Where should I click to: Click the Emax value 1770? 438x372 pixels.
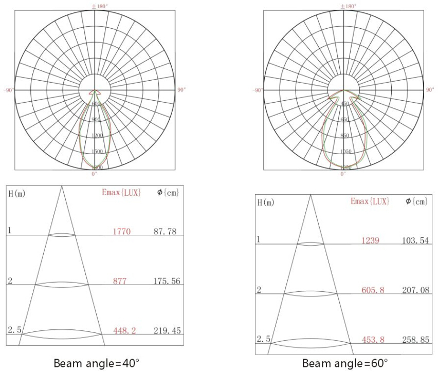point(122,232)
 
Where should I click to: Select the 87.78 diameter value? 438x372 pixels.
point(165,231)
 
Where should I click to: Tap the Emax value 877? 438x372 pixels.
point(120,281)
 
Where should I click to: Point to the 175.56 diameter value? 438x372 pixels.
point(167,281)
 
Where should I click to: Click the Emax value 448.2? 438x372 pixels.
point(124,331)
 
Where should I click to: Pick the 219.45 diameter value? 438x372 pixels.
point(167,331)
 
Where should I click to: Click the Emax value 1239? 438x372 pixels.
point(371,240)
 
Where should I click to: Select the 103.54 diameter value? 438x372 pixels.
point(415,240)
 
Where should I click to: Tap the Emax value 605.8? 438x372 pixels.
point(373,290)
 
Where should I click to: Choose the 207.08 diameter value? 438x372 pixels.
point(416,290)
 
